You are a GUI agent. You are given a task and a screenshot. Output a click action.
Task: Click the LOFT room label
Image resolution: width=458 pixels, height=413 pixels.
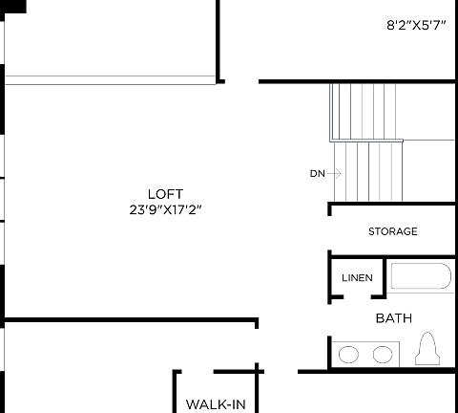point(165,193)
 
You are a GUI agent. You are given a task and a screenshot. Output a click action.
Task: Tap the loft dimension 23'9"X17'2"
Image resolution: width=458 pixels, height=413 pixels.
point(165,208)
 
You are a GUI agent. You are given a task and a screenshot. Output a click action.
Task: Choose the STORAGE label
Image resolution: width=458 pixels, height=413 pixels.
point(392,231)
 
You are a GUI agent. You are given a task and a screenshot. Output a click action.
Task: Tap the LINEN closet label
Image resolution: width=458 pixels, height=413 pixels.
point(357,278)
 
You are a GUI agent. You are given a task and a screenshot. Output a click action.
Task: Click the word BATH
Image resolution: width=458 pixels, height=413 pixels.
point(393,318)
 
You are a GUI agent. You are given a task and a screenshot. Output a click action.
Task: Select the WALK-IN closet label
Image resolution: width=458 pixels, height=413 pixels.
point(216,404)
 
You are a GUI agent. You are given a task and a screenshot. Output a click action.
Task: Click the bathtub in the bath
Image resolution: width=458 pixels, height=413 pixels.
point(419,278)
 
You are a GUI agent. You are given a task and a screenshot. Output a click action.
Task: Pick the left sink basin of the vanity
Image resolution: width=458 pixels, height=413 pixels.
point(349,355)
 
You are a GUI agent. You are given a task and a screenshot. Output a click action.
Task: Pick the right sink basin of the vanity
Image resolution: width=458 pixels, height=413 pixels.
point(382,355)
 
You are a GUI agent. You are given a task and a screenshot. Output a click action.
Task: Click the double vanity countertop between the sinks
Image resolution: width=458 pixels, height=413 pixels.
point(365,355)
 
